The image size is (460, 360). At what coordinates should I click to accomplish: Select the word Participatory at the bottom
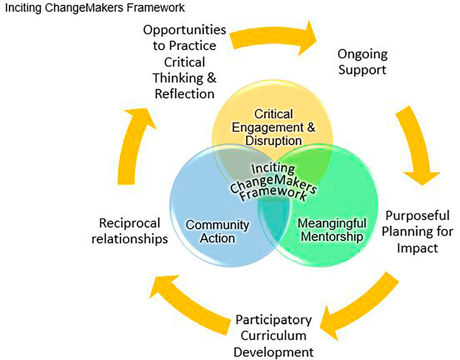tap(273, 320)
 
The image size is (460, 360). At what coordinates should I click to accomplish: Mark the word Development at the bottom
tap(273, 352)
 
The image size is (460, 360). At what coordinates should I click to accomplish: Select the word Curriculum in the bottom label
tap(273, 336)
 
